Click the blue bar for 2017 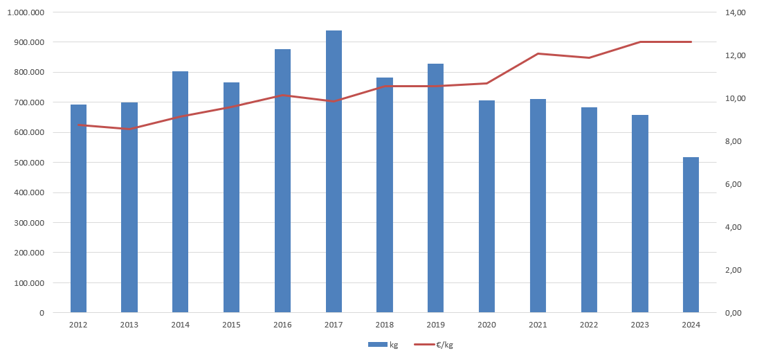334,173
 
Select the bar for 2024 691,235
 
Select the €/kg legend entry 435,345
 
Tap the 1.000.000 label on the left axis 28,12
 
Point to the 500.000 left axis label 30,163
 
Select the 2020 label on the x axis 486,325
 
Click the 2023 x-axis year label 639,325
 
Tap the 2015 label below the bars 231,325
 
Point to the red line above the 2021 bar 538,53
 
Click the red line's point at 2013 129,129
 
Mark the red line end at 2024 691,42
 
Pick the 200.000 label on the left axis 30,253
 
